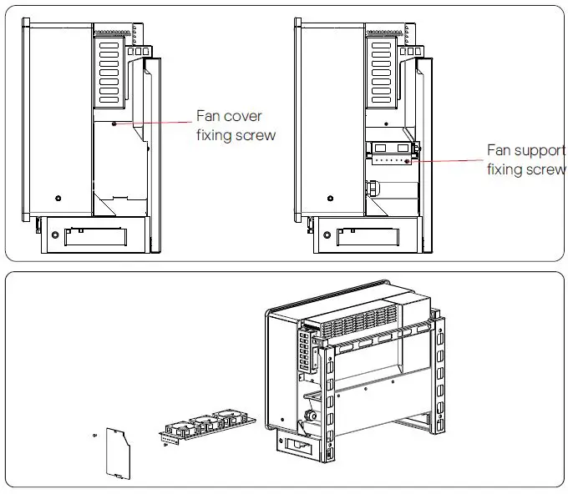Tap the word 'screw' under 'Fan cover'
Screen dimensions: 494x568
[256, 135]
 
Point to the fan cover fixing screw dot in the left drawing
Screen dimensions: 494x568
[114, 123]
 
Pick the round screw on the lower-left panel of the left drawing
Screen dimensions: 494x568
[58, 198]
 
